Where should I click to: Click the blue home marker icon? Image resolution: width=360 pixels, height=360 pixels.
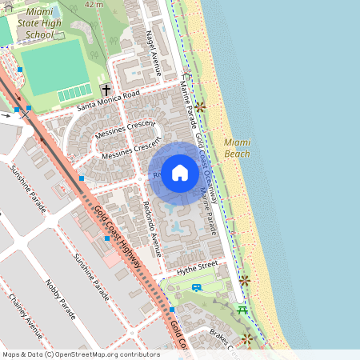180,173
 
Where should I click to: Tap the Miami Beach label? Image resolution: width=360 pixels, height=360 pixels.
237,147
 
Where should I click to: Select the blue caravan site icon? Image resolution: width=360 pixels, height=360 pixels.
197,286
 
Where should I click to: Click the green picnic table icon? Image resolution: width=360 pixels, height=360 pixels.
242,310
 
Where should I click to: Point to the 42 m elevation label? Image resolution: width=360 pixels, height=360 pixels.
94,4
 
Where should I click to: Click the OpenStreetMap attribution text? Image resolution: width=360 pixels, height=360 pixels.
81,354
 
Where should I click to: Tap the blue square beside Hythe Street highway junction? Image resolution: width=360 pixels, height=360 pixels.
172,309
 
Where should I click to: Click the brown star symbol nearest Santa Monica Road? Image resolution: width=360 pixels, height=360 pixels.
199,106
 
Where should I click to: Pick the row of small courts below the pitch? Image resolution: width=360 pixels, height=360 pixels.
74,94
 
